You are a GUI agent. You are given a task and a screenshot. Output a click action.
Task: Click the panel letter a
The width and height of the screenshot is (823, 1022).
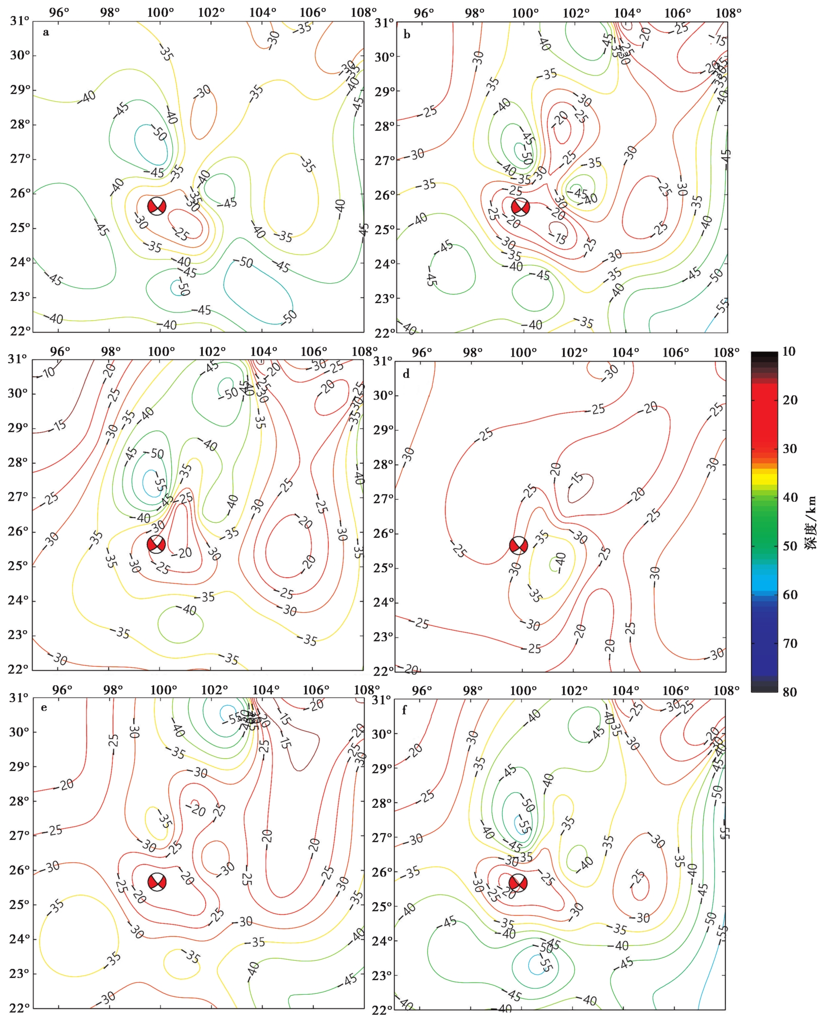46,33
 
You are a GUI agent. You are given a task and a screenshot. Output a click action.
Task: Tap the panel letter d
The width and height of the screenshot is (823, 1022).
407,374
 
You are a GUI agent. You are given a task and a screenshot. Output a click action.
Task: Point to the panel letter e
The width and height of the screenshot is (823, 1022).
44,708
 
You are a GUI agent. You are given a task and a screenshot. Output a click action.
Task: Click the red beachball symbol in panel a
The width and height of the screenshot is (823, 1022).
157,206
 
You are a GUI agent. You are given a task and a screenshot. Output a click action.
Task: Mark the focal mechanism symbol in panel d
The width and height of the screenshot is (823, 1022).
519,546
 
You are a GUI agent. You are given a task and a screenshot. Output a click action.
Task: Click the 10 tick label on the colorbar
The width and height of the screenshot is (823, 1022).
789,351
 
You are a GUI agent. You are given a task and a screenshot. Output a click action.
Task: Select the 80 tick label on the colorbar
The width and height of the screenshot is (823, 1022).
789,692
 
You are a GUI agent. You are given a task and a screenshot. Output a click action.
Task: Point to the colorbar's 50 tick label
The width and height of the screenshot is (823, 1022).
789,546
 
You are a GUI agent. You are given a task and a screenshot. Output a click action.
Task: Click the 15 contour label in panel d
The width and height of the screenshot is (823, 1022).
578,477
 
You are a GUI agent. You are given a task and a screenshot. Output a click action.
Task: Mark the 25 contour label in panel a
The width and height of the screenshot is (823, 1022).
181,235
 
